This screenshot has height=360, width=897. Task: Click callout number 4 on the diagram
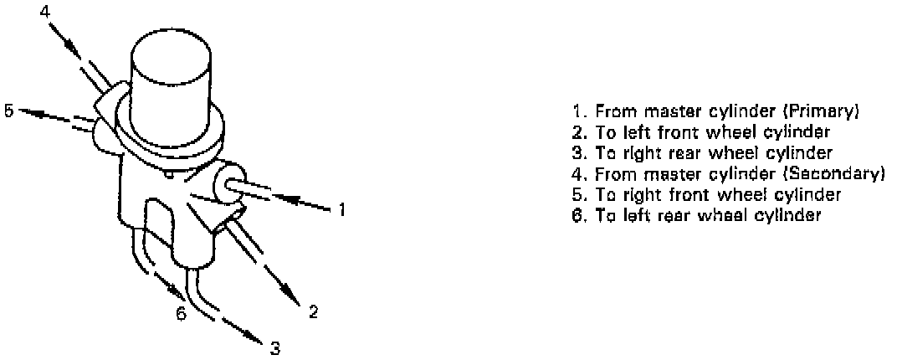pyautogui.click(x=44, y=11)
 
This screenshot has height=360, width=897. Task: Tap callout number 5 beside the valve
pyautogui.click(x=8, y=111)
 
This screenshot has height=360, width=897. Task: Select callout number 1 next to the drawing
pyautogui.click(x=342, y=209)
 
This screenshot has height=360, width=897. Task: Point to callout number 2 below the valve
pyautogui.click(x=313, y=312)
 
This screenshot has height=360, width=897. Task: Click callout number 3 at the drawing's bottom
pyautogui.click(x=274, y=346)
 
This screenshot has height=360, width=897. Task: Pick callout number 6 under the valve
pyautogui.click(x=179, y=314)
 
